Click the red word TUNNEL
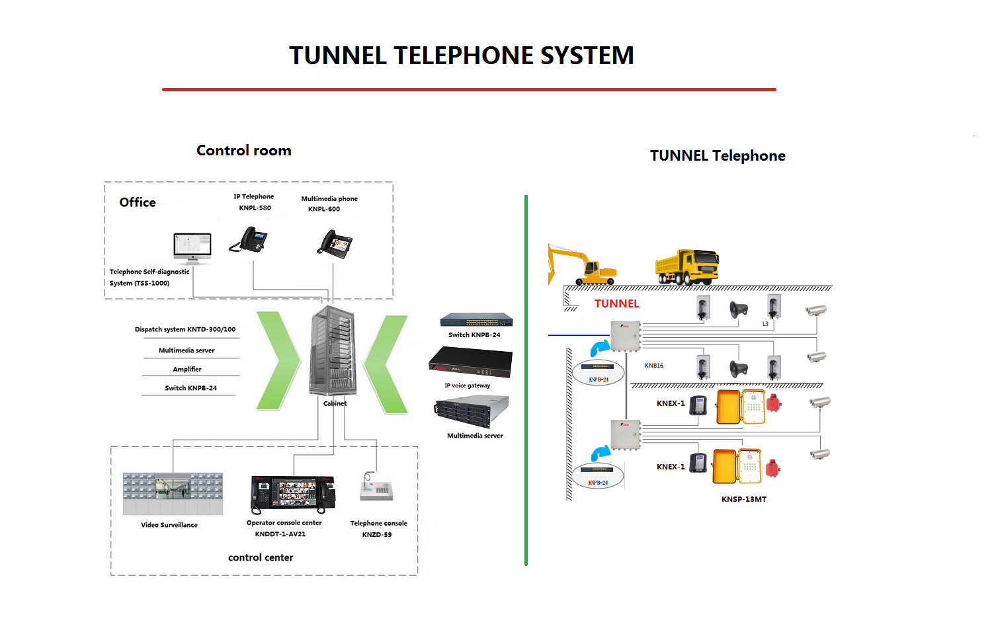[x=616, y=303]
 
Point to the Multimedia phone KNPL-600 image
[x=335, y=243]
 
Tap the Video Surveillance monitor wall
[x=173, y=493]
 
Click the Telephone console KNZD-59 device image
[x=376, y=488]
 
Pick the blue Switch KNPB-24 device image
[x=476, y=320]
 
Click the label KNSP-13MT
[x=744, y=499]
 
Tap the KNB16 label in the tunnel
[x=654, y=366]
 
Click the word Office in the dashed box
[x=138, y=202]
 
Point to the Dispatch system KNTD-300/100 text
[x=185, y=329]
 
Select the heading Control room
[x=243, y=151]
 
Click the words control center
[x=261, y=557]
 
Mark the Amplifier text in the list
[x=187, y=369]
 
